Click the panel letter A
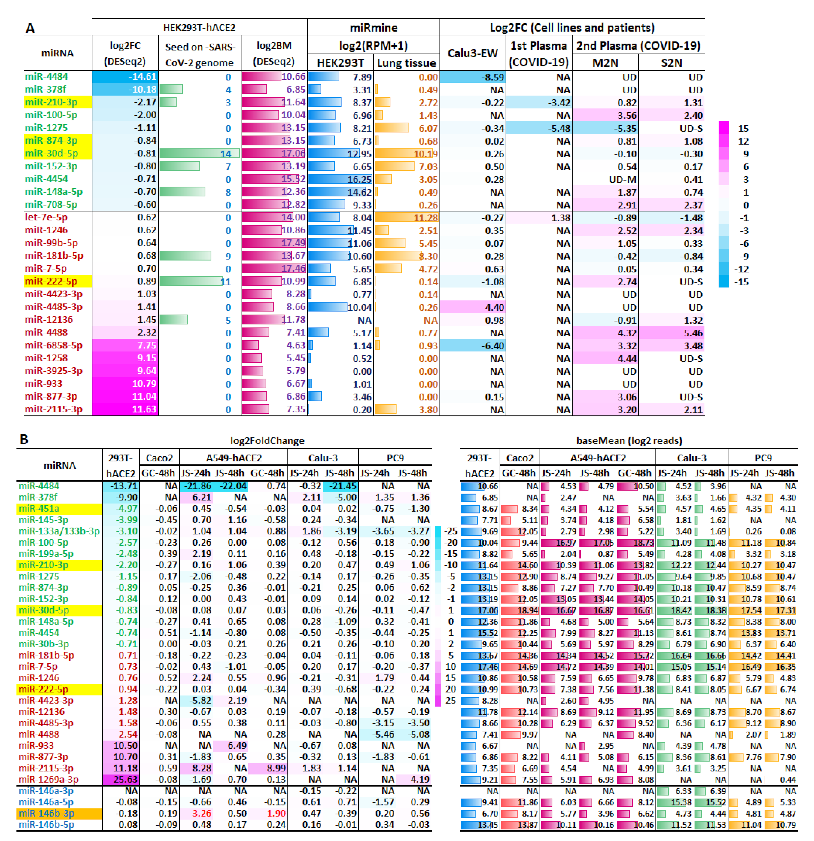30,28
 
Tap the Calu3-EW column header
472,53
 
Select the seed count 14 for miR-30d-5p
226,154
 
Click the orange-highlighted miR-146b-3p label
46,813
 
